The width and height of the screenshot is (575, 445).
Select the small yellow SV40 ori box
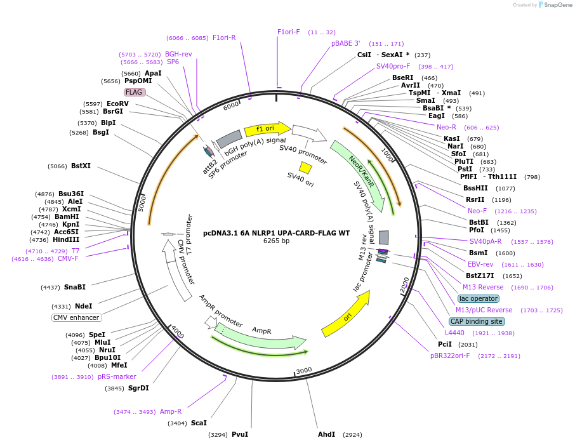(x=305, y=168)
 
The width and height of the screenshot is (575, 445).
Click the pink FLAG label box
(x=135, y=92)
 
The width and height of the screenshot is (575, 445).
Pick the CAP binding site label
(x=477, y=321)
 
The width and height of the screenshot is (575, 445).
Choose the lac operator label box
(x=479, y=298)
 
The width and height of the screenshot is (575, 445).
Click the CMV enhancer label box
(x=76, y=317)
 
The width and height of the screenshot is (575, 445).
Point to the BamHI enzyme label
(x=67, y=216)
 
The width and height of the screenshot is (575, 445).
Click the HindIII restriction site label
(x=67, y=239)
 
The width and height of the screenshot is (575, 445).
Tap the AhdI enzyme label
(x=327, y=435)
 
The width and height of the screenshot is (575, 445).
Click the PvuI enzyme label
(x=240, y=435)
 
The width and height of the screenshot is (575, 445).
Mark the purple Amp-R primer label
(x=171, y=411)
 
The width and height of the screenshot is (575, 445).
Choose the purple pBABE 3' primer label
(x=346, y=43)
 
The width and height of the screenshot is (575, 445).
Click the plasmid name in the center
(x=276, y=233)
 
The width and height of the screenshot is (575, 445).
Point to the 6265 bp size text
(x=276, y=241)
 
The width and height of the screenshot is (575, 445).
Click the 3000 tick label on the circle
(x=305, y=370)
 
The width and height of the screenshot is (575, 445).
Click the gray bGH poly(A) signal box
(x=229, y=138)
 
